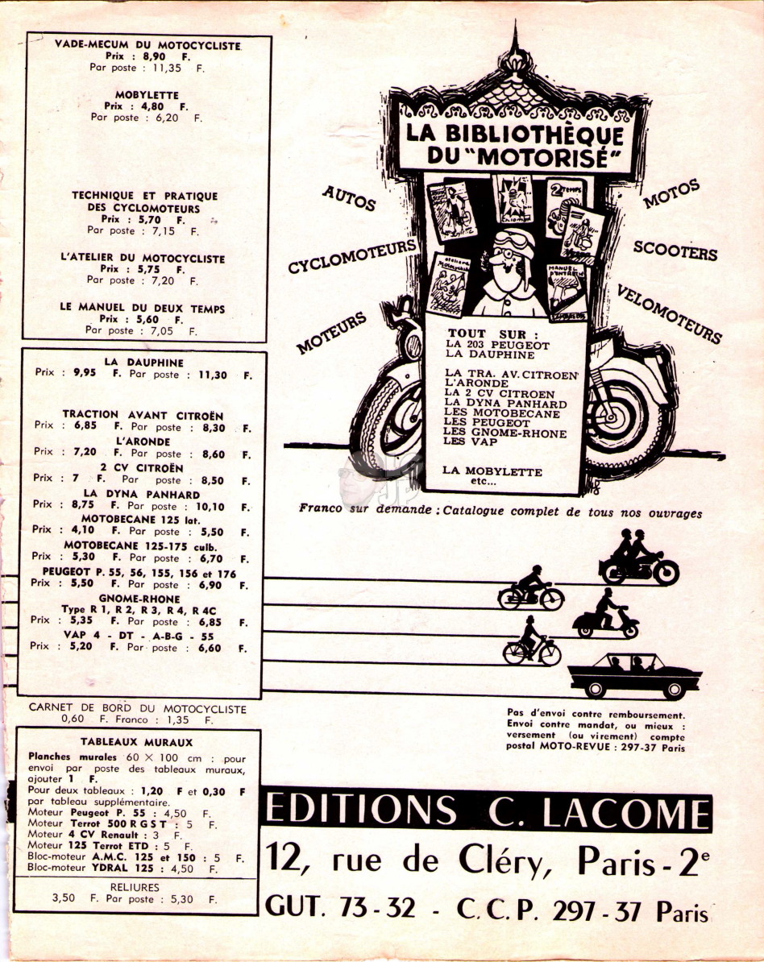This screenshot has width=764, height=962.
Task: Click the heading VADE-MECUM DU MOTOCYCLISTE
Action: tap(148, 45)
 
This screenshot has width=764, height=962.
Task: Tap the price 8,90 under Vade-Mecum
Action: tap(154, 56)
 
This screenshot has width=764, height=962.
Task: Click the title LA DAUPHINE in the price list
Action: tap(143, 362)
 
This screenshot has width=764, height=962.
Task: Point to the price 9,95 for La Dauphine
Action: tap(85, 372)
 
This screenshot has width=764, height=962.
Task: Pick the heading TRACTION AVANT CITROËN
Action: tap(143, 416)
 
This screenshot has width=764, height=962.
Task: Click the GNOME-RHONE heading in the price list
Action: tap(139, 599)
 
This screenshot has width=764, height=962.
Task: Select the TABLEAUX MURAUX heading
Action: tap(136, 742)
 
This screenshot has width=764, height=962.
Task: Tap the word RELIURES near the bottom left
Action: tap(135, 887)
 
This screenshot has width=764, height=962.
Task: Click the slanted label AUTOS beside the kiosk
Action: tap(349, 198)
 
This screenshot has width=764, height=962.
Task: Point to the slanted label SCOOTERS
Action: tap(675, 251)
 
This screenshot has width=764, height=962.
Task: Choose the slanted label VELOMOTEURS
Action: tap(670, 313)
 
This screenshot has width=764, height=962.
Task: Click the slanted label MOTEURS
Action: tap(331, 333)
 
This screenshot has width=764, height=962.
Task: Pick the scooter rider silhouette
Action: tap(606, 613)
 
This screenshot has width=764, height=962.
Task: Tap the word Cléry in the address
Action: tap(497, 860)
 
